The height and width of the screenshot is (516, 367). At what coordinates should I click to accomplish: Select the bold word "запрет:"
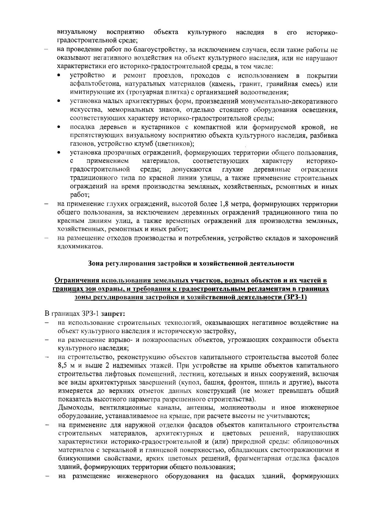coord(113,314)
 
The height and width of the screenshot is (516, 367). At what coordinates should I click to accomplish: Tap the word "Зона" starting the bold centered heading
coord(96,263)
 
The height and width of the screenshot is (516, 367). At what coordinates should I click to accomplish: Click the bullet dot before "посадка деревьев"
coord(59,127)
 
